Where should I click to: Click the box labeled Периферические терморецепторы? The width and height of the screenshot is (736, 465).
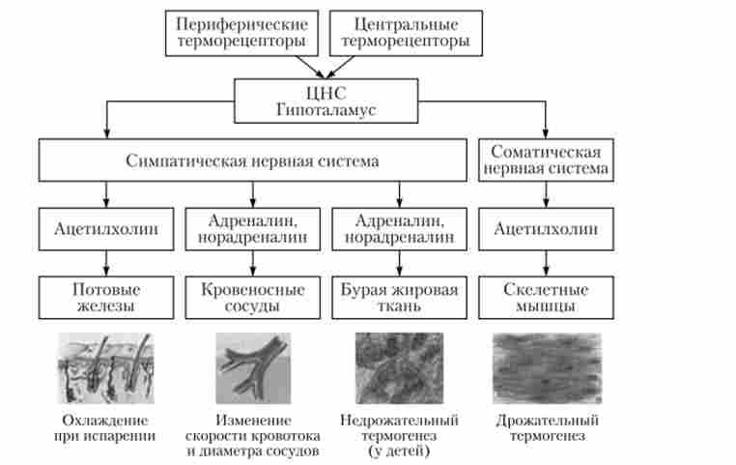pyautogui.click(x=241, y=33)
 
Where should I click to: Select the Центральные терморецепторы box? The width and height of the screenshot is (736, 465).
pyautogui.click(x=406, y=33)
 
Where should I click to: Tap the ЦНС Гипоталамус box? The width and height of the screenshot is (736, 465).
pyautogui.click(x=326, y=101)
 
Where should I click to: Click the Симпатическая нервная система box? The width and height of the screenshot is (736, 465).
pyautogui.click(x=252, y=160)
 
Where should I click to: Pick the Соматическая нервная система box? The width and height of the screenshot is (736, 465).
pyautogui.click(x=546, y=160)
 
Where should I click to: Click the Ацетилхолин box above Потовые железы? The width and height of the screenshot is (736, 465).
pyautogui.click(x=106, y=229)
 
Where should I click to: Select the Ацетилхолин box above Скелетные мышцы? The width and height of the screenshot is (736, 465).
pyautogui.click(x=546, y=229)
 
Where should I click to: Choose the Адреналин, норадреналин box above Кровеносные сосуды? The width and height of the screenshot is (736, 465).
pyautogui.click(x=252, y=229)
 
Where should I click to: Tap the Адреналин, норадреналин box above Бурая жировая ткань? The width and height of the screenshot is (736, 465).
pyautogui.click(x=400, y=229)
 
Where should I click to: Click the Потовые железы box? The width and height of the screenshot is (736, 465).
pyautogui.click(x=106, y=298)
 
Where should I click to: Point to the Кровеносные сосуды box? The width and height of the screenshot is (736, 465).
pyautogui.click(x=252, y=298)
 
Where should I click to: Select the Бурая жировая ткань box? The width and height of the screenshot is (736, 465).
pyautogui.click(x=400, y=298)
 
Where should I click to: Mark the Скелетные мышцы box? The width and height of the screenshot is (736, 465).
pyautogui.click(x=546, y=298)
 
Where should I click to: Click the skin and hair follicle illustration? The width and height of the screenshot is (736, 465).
pyautogui.click(x=105, y=368)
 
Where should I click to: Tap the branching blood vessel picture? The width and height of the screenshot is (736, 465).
pyautogui.click(x=253, y=368)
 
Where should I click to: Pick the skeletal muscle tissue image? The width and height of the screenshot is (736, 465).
pyautogui.click(x=548, y=368)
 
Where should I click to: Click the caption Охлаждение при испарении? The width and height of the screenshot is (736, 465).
pyautogui.click(x=104, y=428)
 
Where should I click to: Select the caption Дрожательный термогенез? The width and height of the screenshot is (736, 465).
pyautogui.click(x=548, y=428)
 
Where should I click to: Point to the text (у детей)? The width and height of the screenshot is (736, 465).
pyautogui.click(x=400, y=451)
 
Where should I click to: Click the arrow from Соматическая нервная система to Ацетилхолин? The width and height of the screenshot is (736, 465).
pyautogui.click(x=546, y=194)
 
